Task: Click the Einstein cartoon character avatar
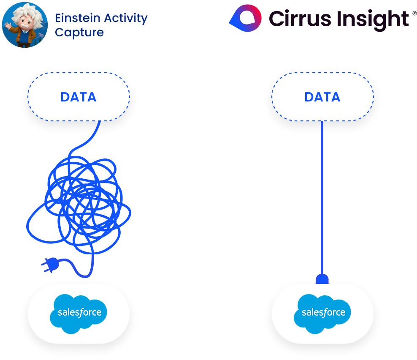point(24,25)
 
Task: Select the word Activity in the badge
point(127,18)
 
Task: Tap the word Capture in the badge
point(79,33)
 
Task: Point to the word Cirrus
point(296,19)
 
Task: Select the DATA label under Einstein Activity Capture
point(79,97)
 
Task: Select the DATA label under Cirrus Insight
point(322,97)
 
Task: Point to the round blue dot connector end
point(322,279)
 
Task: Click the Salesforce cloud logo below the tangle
point(79,313)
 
